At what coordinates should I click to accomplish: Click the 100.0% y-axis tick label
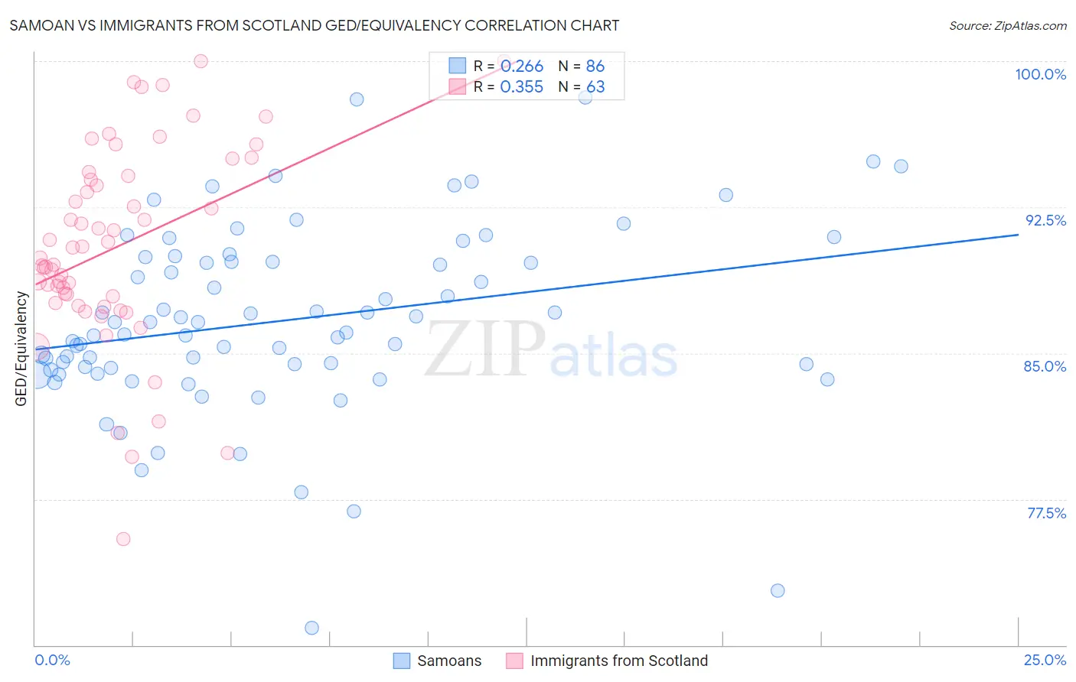(1040, 74)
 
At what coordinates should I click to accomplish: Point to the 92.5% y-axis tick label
(1045, 220)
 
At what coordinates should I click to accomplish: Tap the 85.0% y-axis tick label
(1045, 366)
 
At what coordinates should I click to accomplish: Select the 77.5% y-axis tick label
(1046, 513)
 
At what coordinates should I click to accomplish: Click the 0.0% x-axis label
(52, 660)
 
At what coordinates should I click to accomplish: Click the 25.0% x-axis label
(1045, 660)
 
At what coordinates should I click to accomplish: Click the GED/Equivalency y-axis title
(21, 349)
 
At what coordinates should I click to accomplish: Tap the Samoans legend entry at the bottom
(437, 661)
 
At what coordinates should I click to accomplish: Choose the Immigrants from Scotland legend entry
(607, 661)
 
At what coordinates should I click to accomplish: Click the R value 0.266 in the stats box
(522, 67)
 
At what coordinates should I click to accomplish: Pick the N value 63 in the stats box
(595, 87)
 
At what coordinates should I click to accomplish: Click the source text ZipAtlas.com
(1007, 25)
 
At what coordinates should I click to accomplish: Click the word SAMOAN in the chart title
(41, 25)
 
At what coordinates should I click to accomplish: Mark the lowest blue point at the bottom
(311, 628)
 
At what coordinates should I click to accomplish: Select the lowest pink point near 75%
(123, 539)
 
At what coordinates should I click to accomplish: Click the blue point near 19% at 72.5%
(778, 590)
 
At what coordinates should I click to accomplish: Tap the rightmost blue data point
(901, 167)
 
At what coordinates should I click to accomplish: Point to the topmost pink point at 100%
(201, 61)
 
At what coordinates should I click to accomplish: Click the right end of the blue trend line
(1018, 235)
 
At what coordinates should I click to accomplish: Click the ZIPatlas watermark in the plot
(551, 349)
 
